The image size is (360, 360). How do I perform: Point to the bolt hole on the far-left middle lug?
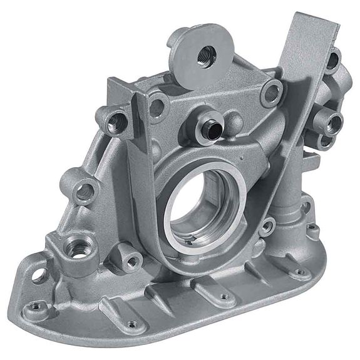click(x=83, y=190)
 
